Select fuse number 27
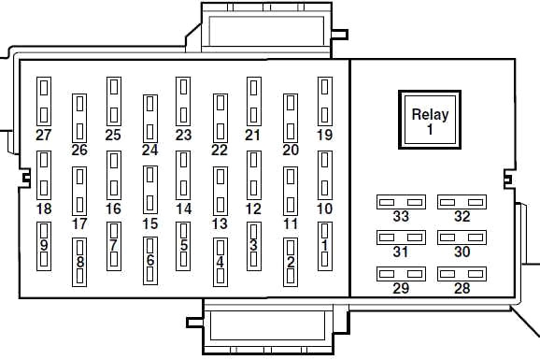44,101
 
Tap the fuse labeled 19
325,101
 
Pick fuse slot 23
183,101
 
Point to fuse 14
183,176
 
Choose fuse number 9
44,246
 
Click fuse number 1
325,246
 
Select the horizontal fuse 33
401,202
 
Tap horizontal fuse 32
462,202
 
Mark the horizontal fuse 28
462,274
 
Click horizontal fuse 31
401,238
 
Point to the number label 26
79,150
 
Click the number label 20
291,150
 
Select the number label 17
79,223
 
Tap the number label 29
401,288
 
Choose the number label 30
462,252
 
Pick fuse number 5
183,246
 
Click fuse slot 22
220,118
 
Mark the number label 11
291,223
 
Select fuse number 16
114,176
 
